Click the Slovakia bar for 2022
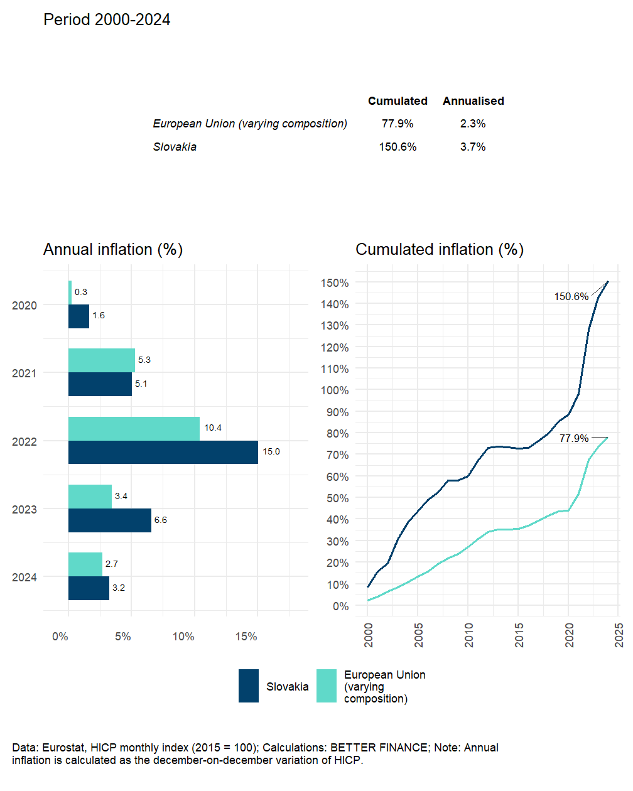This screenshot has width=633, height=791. (x=163, y=453)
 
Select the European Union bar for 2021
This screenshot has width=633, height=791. (x=102, y=360)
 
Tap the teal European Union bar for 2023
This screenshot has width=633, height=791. (x=90, y=497)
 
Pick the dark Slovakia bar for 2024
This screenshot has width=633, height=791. (x=89, y=588)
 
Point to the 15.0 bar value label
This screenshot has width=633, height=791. (x=271, y=452)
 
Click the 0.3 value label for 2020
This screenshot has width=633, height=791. (x=81, y=293)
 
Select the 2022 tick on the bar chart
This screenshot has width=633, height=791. (x=24, y=442)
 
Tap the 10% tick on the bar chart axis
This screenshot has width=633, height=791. (x=183, y=637)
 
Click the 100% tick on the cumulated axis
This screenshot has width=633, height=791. (x=335, y=390)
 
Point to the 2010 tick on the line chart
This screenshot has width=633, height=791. (x=469, y=635)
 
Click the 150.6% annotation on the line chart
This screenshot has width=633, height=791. (x=571, y=297)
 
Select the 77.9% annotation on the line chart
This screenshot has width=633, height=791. (x=574, y=438)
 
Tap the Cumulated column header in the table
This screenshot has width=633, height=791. (x=398, y=101)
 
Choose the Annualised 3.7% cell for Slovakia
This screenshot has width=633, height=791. (x=473, y=147)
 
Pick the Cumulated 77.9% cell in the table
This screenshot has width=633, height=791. (x=398, y=124)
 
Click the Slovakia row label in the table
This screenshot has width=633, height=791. (x=175, y=147)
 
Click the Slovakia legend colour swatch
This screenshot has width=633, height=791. (x=249, y=686)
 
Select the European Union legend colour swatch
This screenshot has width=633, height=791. (x=327, y=686)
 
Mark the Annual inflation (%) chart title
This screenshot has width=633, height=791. (x=113, y=250)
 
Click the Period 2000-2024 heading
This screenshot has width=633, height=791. (x=107, y=20)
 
